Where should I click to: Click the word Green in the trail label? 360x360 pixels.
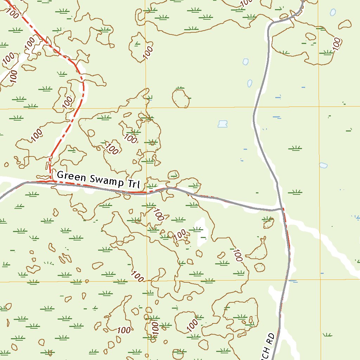point(71,176)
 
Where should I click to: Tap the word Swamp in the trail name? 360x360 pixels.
point(105,180)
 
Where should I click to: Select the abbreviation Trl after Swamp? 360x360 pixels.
point(134,184)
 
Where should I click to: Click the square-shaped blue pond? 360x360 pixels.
point(222,124)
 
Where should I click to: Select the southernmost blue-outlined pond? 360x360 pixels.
point(323,165)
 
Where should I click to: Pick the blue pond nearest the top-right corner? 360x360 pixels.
point(333,12)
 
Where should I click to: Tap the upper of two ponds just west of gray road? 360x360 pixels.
point(246,62)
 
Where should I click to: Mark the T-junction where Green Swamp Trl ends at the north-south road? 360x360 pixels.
point(282,209)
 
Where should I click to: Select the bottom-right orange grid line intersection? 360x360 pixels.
point(320,280)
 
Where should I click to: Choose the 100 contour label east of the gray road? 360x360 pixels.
point(337,44)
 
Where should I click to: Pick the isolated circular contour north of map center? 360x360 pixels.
point(181,98)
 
